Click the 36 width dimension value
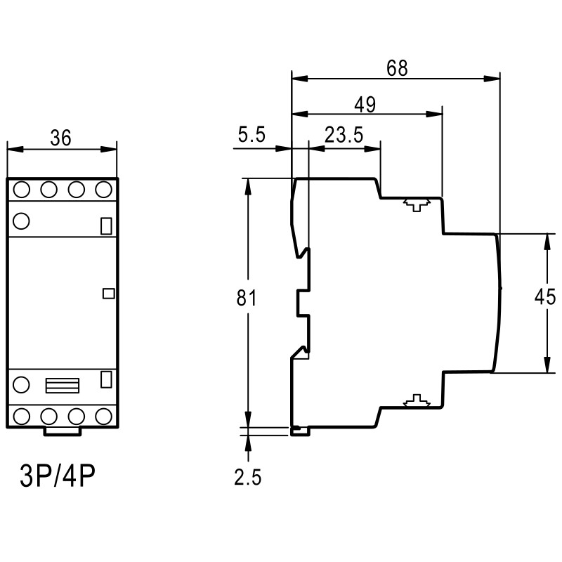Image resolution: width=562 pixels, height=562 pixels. [60, 138]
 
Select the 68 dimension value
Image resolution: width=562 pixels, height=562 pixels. [396, 68]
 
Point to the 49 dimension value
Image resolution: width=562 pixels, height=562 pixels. [364, 105]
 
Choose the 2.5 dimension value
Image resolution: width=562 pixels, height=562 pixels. [247, 478]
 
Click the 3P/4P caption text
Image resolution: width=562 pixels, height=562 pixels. [57, 478]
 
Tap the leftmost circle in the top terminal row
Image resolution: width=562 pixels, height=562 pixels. [21, 190]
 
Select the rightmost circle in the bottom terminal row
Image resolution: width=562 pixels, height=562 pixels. [105, 415]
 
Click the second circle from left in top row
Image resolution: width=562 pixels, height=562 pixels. [48, 190]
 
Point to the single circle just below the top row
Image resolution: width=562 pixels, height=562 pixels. [21, 221]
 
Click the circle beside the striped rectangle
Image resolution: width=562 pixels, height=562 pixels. [21, 384]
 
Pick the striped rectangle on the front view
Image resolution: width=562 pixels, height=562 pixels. [62, 385]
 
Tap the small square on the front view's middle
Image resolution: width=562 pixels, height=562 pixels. [108, 294]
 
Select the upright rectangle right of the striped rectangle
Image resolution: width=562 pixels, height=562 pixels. [107, 379]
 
